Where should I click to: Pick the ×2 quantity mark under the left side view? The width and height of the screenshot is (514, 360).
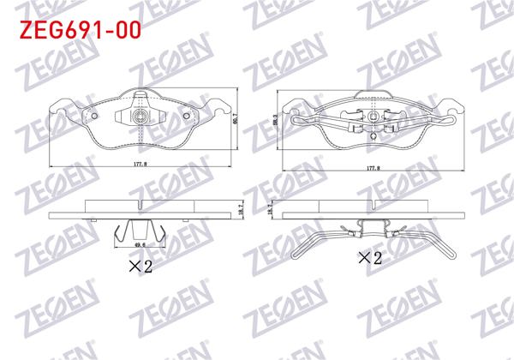[x=140, y=267]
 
